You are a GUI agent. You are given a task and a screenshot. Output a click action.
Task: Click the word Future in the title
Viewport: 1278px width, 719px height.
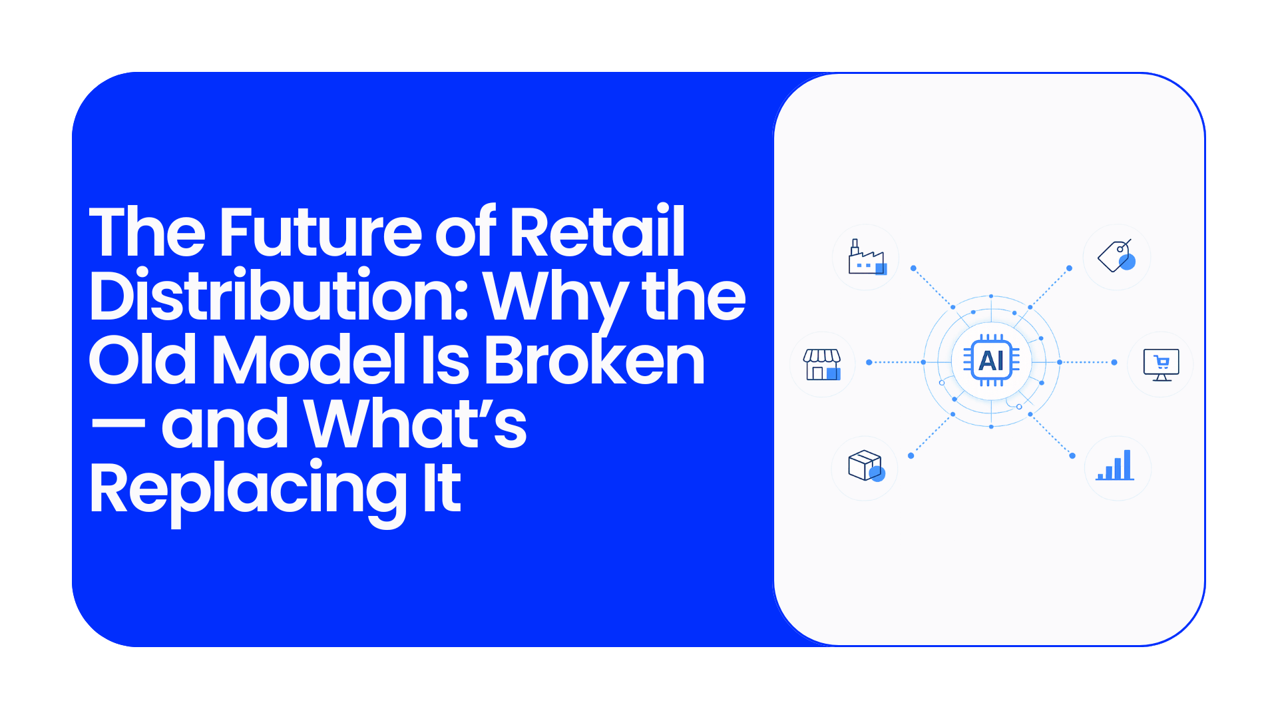pos(320,232)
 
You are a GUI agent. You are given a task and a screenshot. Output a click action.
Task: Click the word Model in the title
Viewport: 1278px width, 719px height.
pos(309,359)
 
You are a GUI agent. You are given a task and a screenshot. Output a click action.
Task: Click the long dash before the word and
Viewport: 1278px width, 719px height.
pos(118,423)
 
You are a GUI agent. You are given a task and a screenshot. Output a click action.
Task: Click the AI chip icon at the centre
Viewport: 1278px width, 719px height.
pos(991,361)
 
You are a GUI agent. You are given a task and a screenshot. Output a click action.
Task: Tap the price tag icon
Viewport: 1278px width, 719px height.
pos(1116,256)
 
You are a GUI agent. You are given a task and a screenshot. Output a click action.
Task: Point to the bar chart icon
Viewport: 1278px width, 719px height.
pos(1116,465)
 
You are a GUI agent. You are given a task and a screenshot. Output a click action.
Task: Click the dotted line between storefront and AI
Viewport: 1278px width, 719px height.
pos(896,362)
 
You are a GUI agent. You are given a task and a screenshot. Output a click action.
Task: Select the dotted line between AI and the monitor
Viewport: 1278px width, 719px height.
pos(1087,362)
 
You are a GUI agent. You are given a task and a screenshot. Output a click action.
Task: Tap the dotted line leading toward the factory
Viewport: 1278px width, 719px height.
pos(933,288)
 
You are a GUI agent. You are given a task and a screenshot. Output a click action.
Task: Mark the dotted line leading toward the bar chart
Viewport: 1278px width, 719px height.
pos(1051,435)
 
